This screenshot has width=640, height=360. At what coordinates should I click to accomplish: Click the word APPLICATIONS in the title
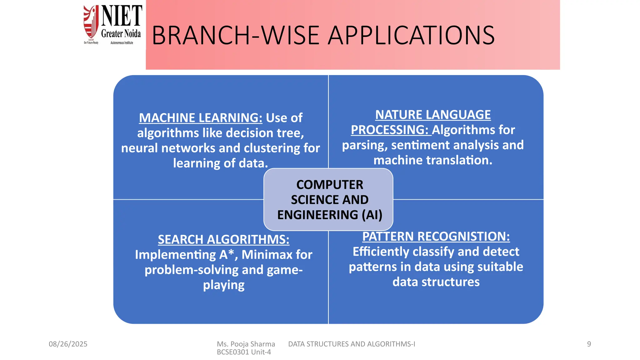[x=412, y=35]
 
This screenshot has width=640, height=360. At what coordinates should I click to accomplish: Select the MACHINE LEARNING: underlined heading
[x=201, y=118]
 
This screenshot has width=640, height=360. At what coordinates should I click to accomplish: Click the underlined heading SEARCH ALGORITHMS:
[x=223, y=240]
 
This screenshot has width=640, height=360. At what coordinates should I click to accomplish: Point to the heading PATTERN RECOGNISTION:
[x=436, y=237]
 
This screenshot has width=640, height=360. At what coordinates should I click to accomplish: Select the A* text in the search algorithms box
[x=227, y=254]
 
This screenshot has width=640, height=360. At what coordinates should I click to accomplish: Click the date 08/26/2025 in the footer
[x=68, y=344]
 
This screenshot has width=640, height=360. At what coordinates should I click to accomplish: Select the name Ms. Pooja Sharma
[x=246, y=344]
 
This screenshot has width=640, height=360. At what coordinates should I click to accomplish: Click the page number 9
[x=589, y=344]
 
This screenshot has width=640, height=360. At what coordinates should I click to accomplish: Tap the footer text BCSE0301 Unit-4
[x=244, y=352]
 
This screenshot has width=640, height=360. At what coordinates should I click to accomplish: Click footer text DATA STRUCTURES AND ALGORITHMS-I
[x=352, y=344]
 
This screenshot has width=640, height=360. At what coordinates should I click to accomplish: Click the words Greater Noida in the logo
[x=121, y=33]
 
